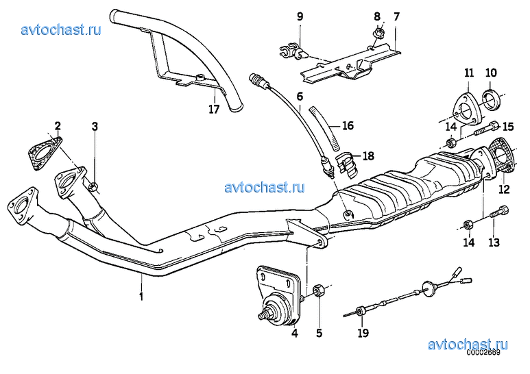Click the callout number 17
214,109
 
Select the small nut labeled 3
93,186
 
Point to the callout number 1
142,297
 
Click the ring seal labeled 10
492,98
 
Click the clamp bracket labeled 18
347,165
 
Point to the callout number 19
363,333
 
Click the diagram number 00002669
483,352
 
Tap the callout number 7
396,16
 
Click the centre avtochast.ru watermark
264,187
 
